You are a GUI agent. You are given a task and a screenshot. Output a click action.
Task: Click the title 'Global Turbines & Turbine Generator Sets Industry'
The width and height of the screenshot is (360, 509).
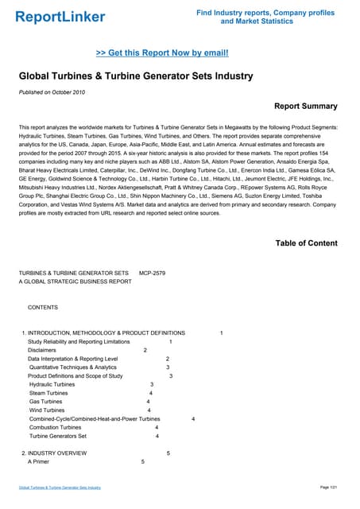click(x=135, y=76)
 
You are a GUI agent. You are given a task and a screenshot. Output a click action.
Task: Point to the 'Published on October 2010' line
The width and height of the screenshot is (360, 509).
click(x=53, y=94)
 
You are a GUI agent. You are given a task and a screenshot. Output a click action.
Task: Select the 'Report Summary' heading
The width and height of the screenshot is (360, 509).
click(x=305, y=106)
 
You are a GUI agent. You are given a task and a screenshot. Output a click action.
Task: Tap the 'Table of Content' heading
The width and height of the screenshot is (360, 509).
click(x=306, y=243)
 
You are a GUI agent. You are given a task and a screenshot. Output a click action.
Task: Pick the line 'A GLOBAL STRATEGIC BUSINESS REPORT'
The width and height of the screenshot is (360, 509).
click(x=75, y=282)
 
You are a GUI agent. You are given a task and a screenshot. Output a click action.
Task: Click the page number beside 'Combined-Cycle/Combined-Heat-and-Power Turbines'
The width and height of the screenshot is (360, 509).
click(x=193, y=418)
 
